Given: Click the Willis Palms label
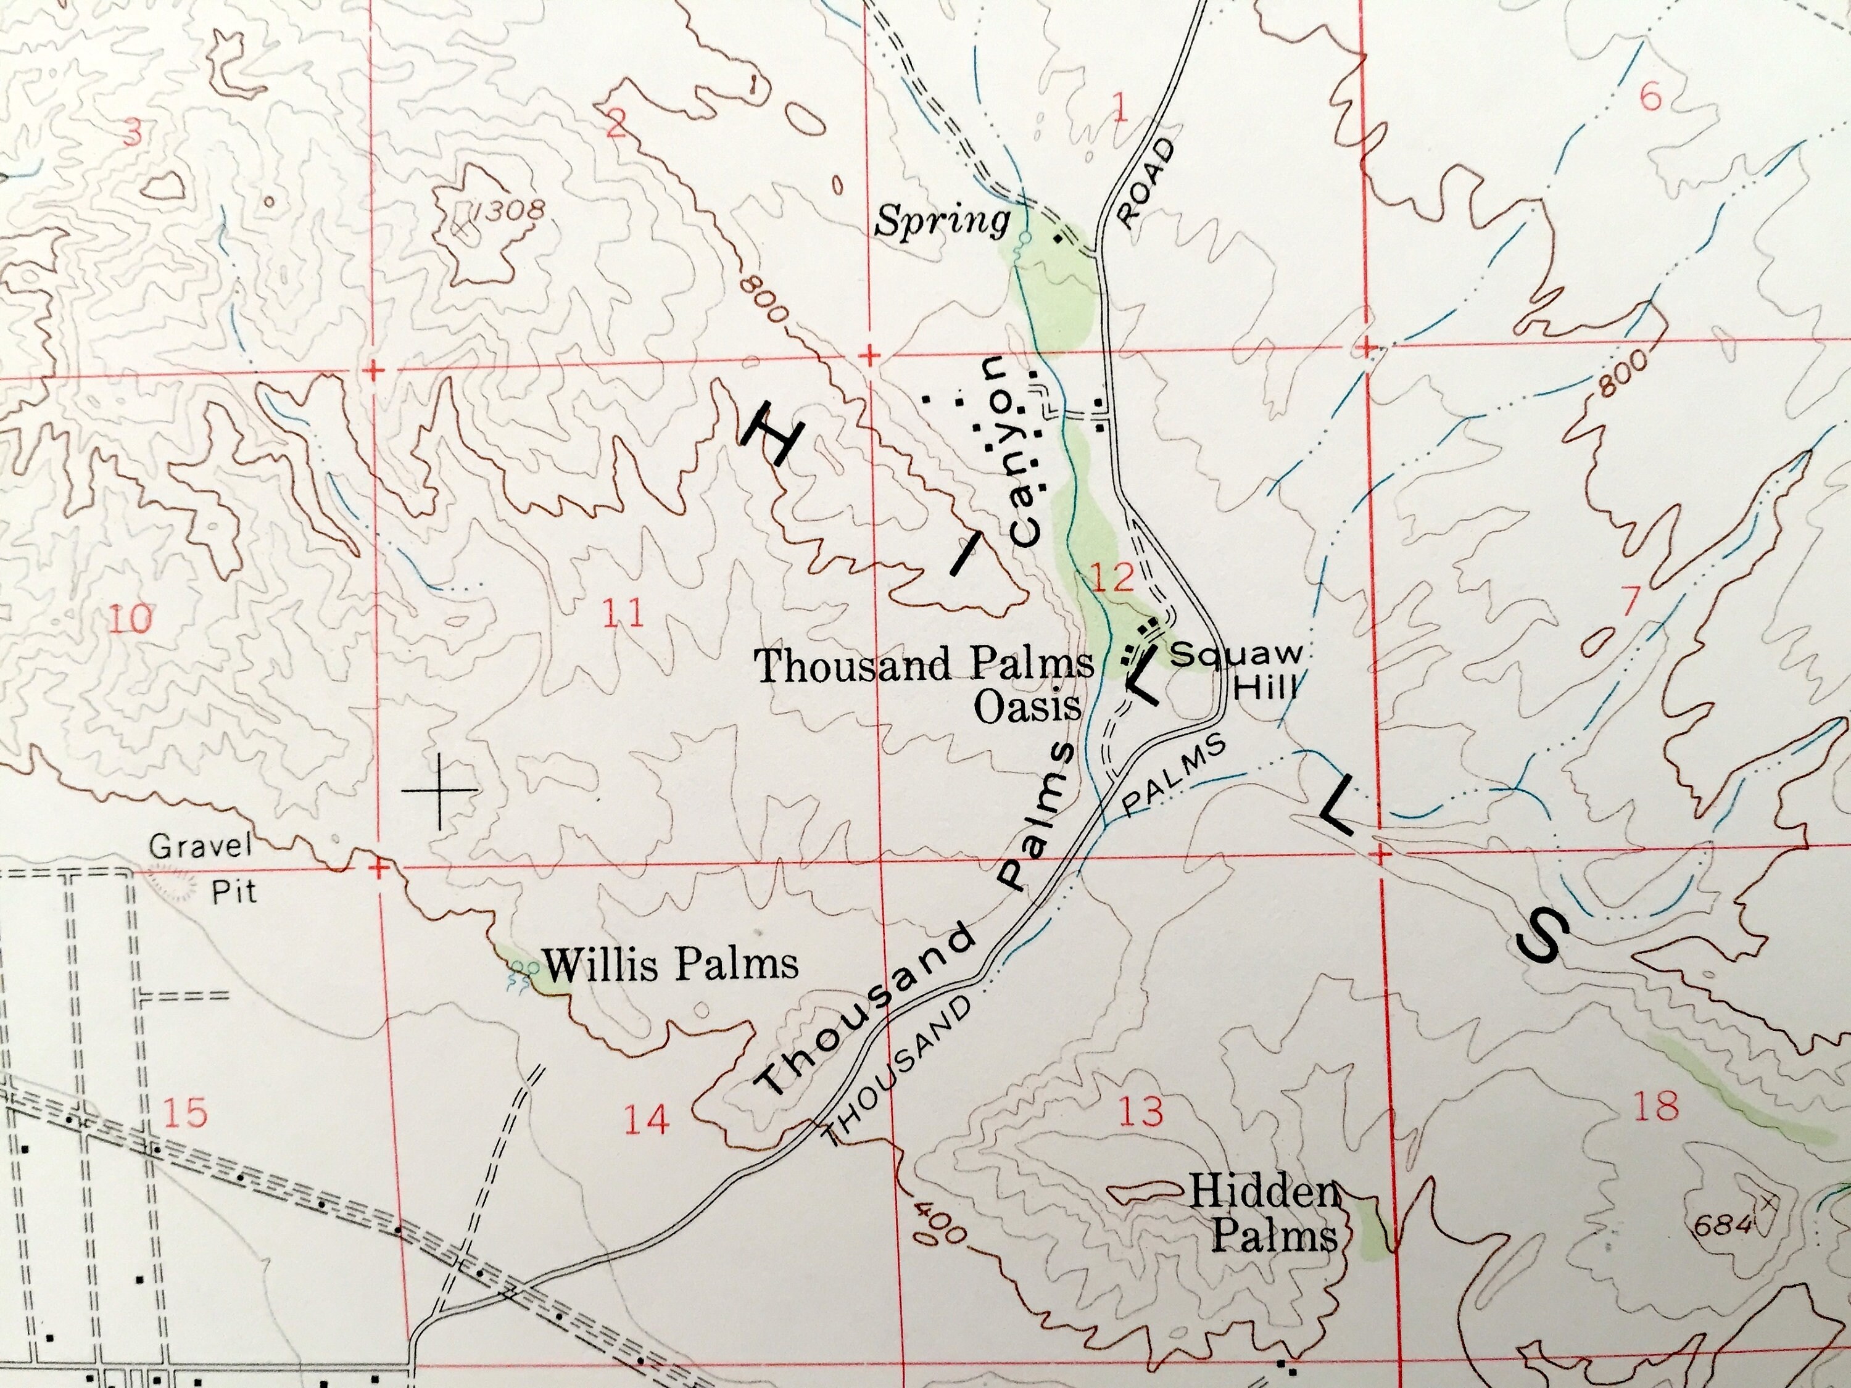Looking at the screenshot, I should [670, 964].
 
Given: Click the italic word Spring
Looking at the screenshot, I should [942, 221].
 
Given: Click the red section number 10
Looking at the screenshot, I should [131, 619].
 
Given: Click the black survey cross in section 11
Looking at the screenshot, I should [439, 789].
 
